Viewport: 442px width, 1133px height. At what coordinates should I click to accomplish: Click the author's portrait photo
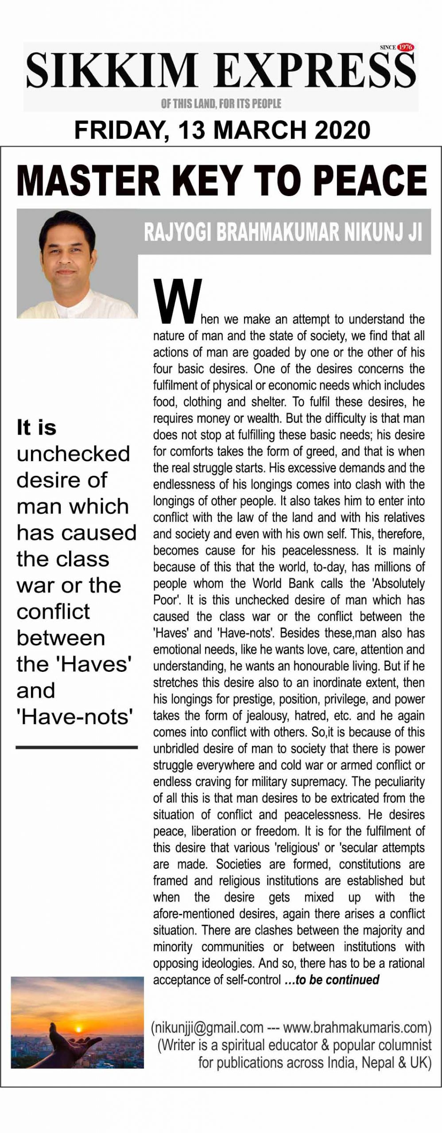pos(77,264)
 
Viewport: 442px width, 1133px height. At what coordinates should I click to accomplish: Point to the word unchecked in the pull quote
pos(73,454)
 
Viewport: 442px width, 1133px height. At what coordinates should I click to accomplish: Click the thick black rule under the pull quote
pos(77,748)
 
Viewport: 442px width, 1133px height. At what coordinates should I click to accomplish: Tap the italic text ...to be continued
pos(332,980)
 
